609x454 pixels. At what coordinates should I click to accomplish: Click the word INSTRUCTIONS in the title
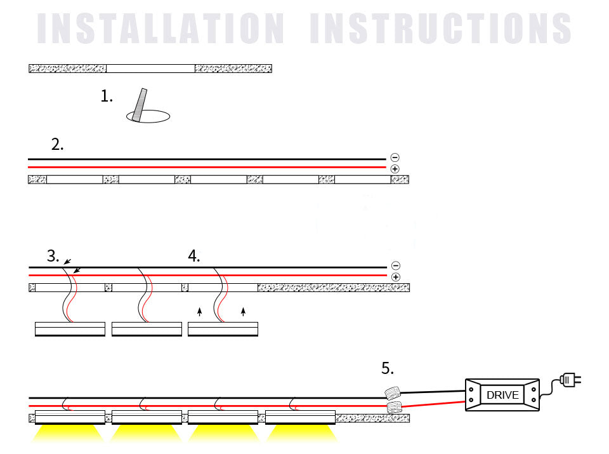coord(440,29)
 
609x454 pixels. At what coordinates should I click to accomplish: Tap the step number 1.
coord(107,97)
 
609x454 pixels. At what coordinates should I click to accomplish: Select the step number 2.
coord(57,145)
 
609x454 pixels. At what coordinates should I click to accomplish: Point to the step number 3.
coord(53,257)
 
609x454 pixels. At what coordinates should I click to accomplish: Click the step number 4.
coord(194,257)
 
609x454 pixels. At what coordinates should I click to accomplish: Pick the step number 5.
coord(388,368)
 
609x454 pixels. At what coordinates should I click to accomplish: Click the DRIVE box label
coord(502,395)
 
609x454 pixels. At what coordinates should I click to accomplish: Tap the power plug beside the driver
coord(570,380)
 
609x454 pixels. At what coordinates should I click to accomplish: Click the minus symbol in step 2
coord(395,157)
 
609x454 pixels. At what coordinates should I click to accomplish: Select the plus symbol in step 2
coord(395,169)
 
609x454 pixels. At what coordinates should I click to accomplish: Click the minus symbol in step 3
coord(395,266)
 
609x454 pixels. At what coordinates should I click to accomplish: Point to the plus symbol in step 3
coord(395,277)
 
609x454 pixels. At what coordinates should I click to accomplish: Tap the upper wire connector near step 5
coord(393,392)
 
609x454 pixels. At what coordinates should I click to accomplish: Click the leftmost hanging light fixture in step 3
coord(69,329)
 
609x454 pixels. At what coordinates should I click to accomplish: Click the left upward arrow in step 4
coord(200,311)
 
